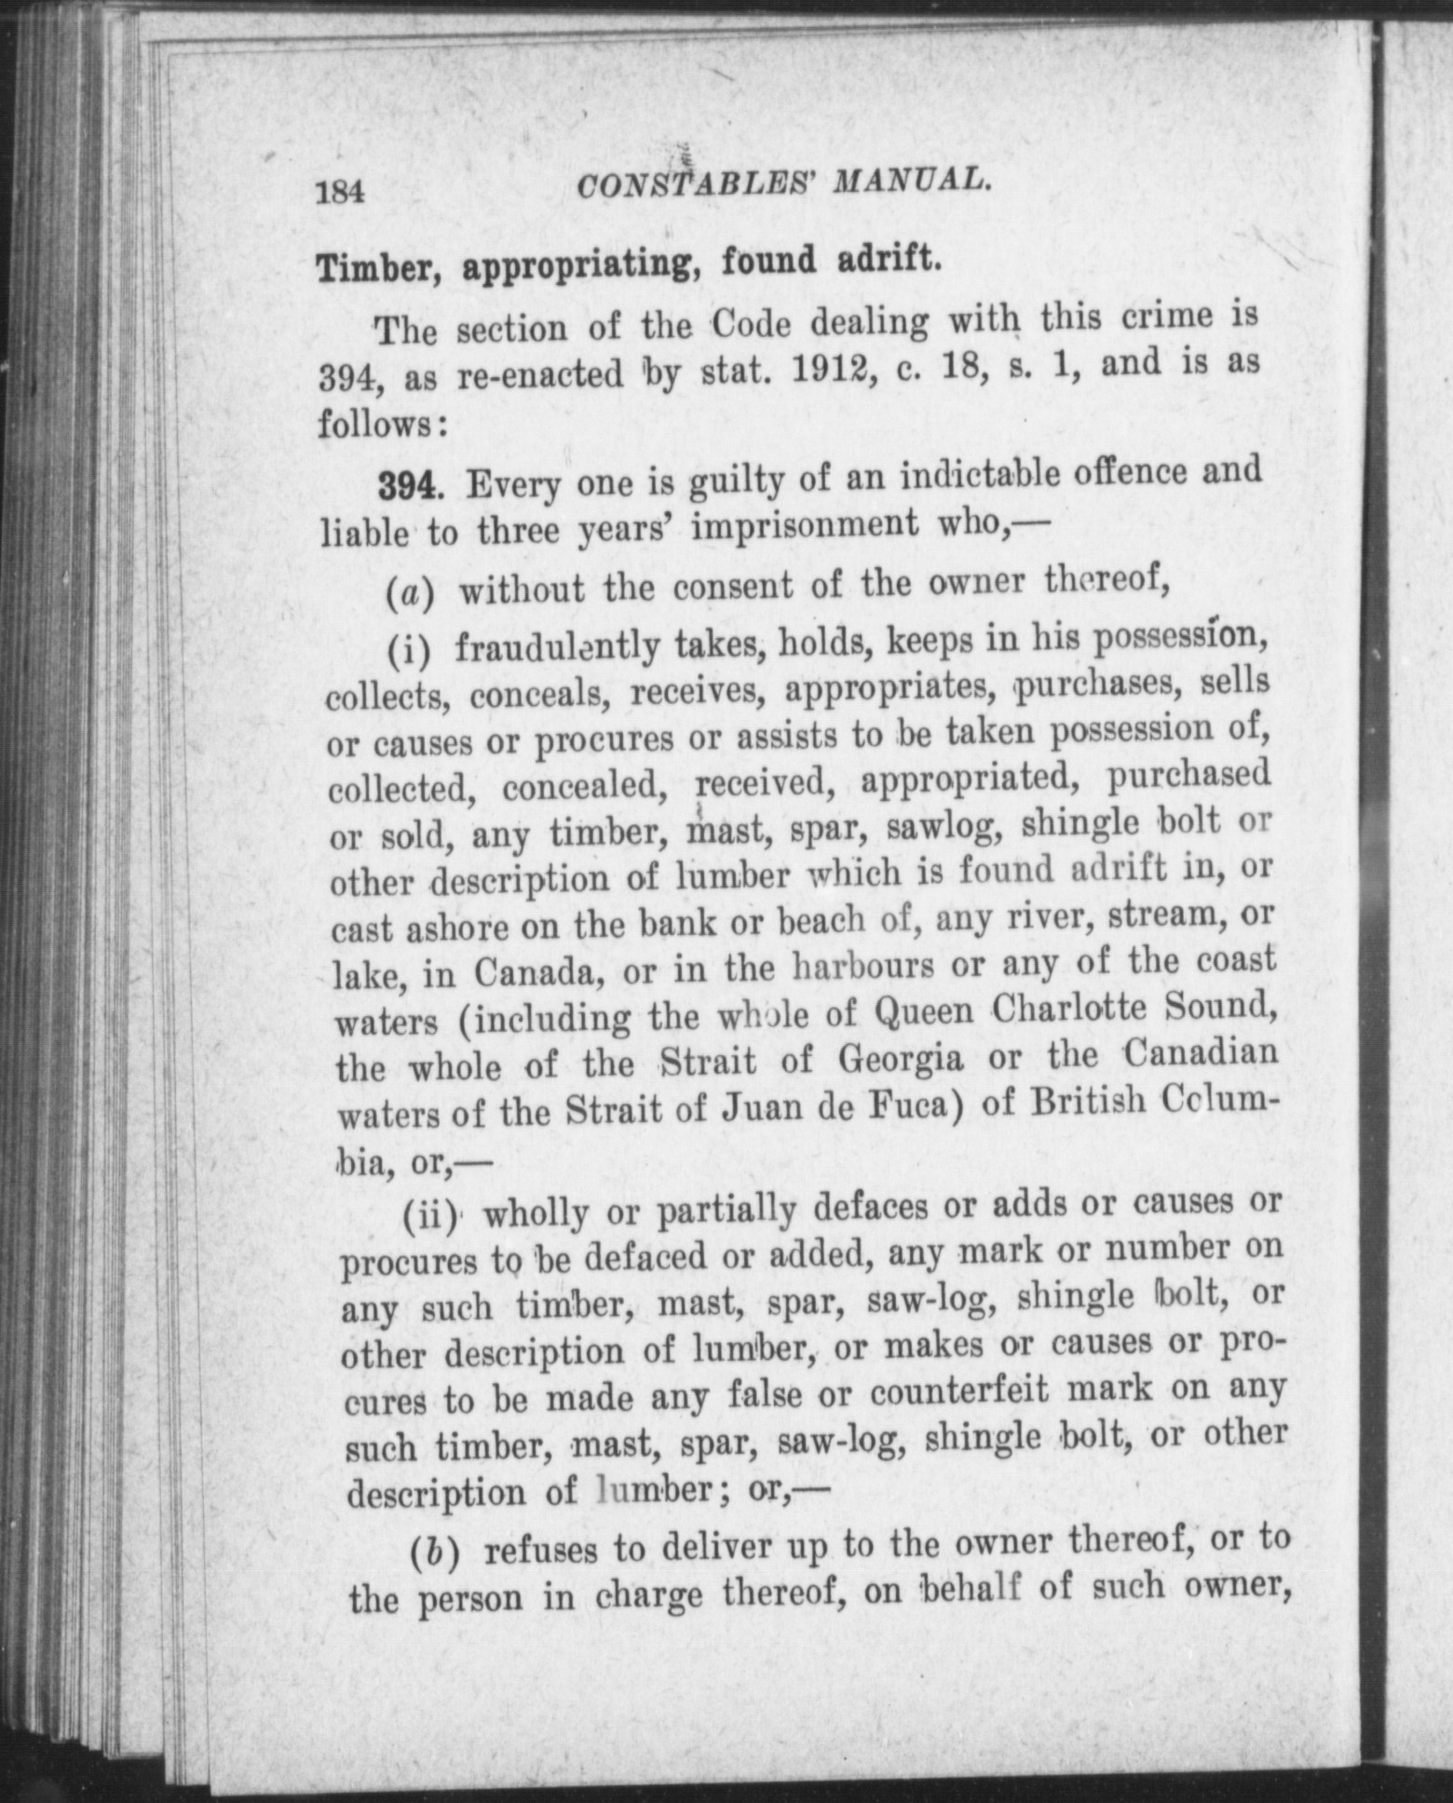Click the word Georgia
901,1060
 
